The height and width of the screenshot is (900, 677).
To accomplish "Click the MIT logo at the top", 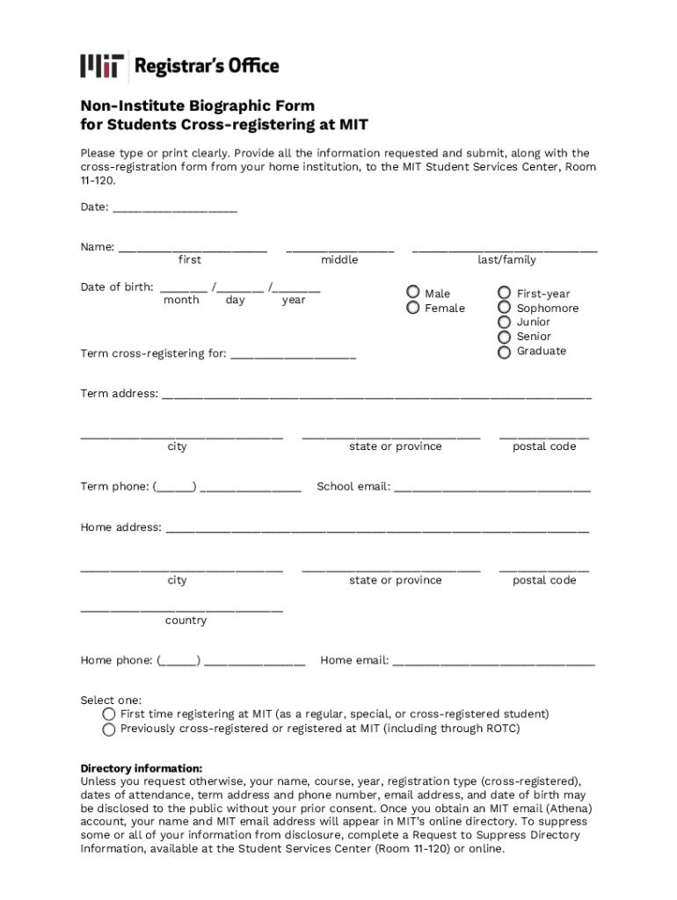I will pyautogui.click(x=101, y=66).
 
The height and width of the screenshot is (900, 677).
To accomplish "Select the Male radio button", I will pyautogui.click(x=412, y=293).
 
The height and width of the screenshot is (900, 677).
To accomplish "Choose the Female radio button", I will pyautogui.click(x=412, y=308).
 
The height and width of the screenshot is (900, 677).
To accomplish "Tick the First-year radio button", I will pyautogui.click(x=504, y=293).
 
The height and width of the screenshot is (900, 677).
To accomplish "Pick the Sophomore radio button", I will pyautogui.click(x=504, y=308).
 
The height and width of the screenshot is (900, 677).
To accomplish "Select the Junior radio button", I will pyautogui.click(x=504, y=322).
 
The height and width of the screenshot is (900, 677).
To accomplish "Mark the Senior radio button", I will pyautogui.click(x=504, y=337).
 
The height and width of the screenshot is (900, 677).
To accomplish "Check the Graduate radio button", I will pyautogui.click(x=504, y=352).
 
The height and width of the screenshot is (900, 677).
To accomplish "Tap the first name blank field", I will pyautogui.click(x=193, y=249).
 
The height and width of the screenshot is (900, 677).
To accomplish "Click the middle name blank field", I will pyautogui.click(x=339, y=249).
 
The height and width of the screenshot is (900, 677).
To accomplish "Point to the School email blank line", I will pyautogui.click(x=492, y=488).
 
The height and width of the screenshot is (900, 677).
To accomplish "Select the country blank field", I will pyautogui.click(x=182, y=607).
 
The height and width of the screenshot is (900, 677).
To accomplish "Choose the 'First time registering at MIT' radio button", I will pyautogui.click(x=109, y=715).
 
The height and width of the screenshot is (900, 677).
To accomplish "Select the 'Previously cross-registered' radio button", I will pyautogui.click(x=109, y=729).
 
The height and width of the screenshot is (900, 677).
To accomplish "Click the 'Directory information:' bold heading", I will pyautogui.click(x=142, y=768).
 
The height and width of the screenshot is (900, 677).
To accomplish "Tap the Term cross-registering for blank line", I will pyautogui.click(x=293, y=356).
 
